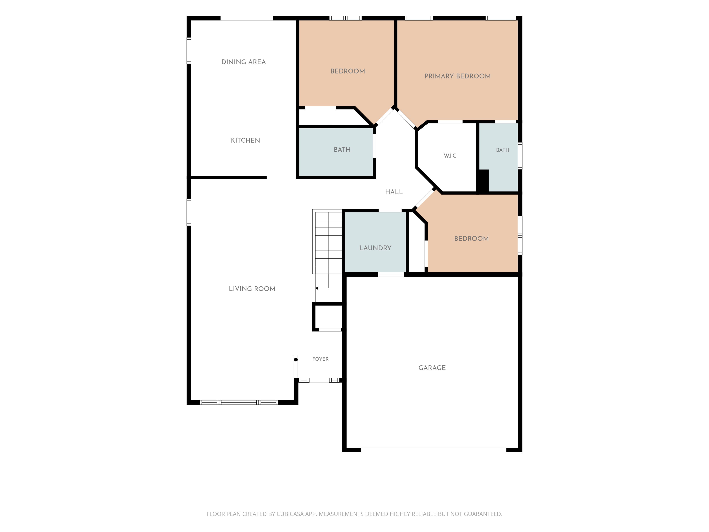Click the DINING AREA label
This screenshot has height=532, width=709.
click(x=244, y=62)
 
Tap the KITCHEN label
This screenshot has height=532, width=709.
click(x=246, y=140)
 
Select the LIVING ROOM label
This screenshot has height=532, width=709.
click(x=252, y=289)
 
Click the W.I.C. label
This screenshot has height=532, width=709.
click(x=451, y=156)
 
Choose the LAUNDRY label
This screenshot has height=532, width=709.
click(x=375, y=248)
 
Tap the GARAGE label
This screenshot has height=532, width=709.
click(x=432, y=368)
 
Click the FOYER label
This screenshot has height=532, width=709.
click(x=321, y=359)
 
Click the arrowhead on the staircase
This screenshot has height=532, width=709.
click(x=317, y=288)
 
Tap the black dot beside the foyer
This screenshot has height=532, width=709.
click(x=296, y=359)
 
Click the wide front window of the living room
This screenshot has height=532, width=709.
click(x=239, y=403)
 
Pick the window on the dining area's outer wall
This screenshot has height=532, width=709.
click(x=189, y=51)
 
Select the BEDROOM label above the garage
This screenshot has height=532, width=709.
click(x=472, y=239)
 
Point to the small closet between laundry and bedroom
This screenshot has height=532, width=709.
click(x=417, y=247)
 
